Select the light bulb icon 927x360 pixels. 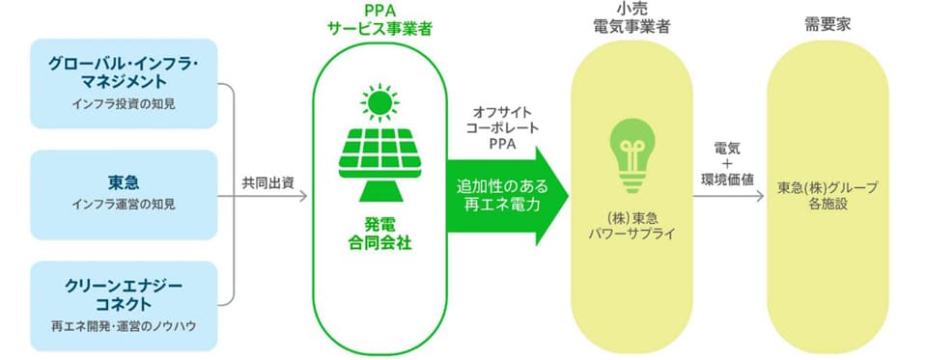pyautogui.click(x=632, y=155)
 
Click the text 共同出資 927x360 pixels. pyautogui.click(x=267, y=182)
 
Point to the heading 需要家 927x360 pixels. pyautogui.click(x=828, y=24)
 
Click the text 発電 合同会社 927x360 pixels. pyautogui.click(x=379, y=234)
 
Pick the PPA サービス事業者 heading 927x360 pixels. pyautogui.click(x=379, y=19)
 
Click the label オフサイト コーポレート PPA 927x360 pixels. pyautogui.click(x=503, y=128)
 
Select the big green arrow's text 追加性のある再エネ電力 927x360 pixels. pyautogui.click(x=501, y=196)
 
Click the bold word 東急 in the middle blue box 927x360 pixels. pyautogui.click(x=124, y=183)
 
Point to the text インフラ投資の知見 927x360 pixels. pyautogui.click(x=124, y=103)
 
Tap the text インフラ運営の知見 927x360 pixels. pyautogui.click(x=124, y=205)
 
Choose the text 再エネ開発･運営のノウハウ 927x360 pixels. pyautogui.click(x=124, y=325)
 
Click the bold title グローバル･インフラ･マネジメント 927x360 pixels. pyautogui.click(x=124, y=71)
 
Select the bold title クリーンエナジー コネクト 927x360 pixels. pyautogui.click(x=124, y=295)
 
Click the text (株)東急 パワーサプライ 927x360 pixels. pyautogui.click(x=632, y=227)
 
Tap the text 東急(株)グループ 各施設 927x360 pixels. pyautogui.click(x=828, y=196)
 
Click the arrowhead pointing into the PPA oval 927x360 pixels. pyautogui.click(x=302, y=196)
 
